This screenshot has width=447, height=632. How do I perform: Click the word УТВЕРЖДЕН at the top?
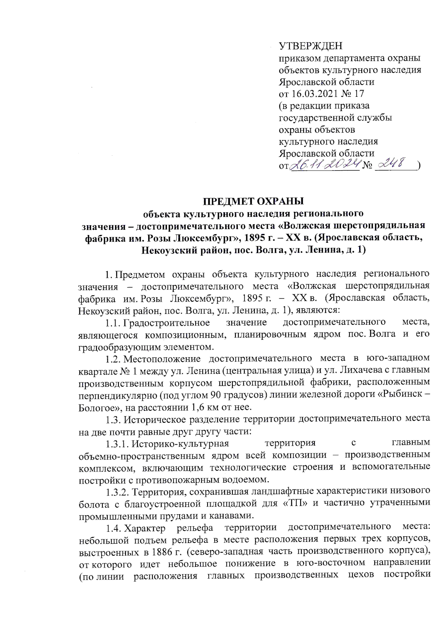tap(310, 46)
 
